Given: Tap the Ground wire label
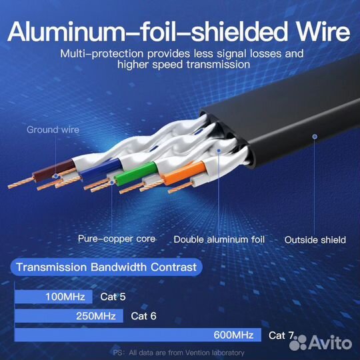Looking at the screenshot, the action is [x=53, y=130].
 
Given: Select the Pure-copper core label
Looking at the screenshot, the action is [x=117, y=239].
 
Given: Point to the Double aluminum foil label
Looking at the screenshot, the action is [x=219, y=240].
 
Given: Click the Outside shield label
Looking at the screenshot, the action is [x=315, y=240].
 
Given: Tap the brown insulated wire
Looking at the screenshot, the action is [x=55, y=170].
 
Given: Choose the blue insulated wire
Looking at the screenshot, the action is [x=101, y=169].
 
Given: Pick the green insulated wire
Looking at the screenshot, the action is [x=136, y=173].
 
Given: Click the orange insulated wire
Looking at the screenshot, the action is [x=185, y=173].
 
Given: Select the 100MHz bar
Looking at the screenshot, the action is [x=53, y=297].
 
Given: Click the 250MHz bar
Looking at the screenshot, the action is [x=69, y=316].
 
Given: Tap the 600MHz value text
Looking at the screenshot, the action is [x=233, y=335].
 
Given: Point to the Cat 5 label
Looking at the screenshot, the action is [x=113, y=297].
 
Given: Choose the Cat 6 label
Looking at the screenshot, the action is [x=143, y=316].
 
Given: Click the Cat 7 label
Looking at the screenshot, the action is [x=281, y=335].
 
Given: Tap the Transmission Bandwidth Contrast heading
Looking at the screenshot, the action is [x=106, y=267].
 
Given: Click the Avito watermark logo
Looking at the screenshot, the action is [x=321, y=343].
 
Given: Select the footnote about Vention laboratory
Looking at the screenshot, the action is [x=179, y=353].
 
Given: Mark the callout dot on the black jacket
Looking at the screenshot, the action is [x=315, y=137].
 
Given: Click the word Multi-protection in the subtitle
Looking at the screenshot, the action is [x=102, y=54].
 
